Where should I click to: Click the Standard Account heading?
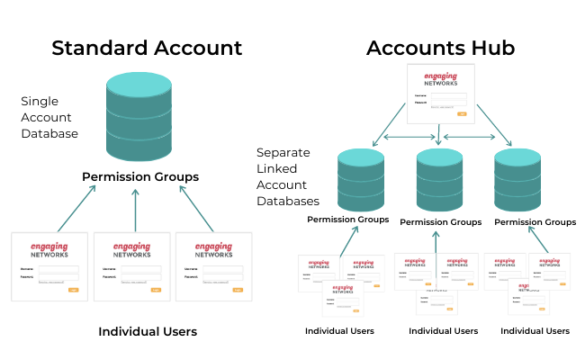(147, 48)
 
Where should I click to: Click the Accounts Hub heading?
(440, 48)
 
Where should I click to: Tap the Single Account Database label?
(49, 117)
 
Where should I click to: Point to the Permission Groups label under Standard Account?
(140, 176)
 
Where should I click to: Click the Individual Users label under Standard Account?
(148, 332)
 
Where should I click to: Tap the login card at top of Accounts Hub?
(439, 93)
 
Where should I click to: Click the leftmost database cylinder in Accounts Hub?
(362, 180)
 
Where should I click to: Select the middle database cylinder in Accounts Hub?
(440, 180)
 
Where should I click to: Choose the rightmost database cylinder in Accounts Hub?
(518, 180)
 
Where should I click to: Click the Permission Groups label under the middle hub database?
(440, 221)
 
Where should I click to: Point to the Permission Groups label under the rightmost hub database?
(535, 221)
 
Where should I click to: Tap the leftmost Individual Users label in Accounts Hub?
(339, 331)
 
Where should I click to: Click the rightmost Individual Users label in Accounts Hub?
(535, 331)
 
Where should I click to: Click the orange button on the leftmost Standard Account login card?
(73, 290)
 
